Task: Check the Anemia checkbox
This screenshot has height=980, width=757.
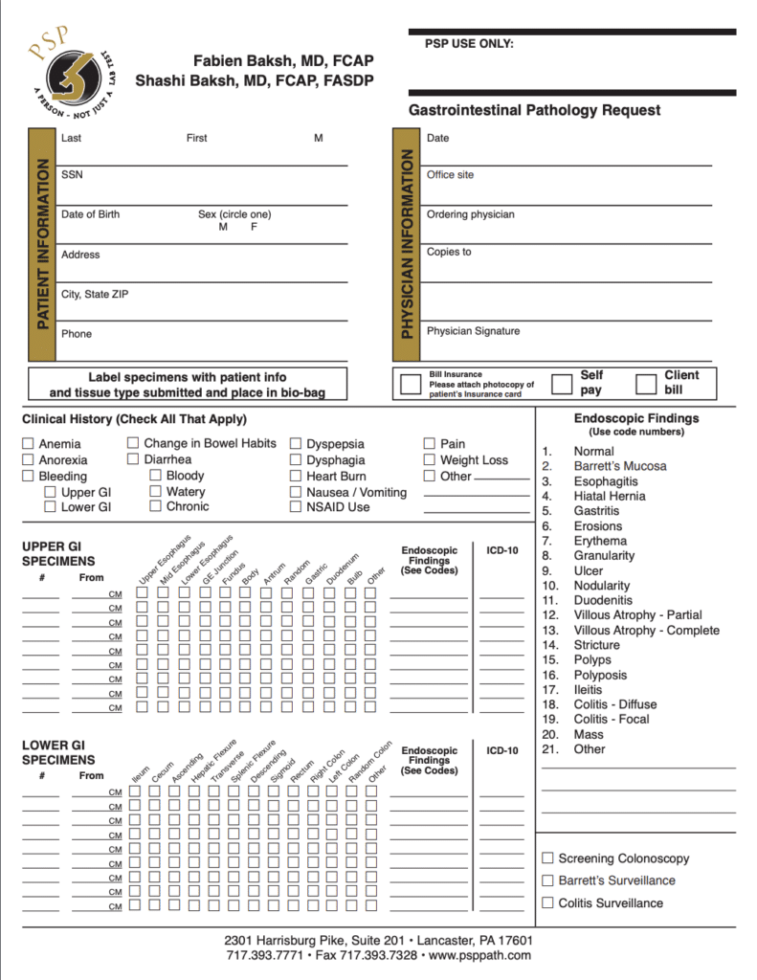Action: tap(28, 444)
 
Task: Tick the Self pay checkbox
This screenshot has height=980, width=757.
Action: tap(563, 384)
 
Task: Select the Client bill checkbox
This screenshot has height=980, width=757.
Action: tap(647, 384)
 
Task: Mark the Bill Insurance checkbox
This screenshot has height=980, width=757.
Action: tap(411, 384)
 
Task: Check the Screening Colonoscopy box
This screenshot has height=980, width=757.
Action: tap(547, 858)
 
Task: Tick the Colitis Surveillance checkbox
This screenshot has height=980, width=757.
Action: tap(547, 902)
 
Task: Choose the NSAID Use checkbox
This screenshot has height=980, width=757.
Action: tap(296, 507)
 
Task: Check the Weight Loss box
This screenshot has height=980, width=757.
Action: tap(430, 460)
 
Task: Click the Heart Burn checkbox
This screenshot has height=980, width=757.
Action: tap(296, 476)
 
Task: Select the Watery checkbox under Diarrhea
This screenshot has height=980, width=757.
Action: tap(155, 492)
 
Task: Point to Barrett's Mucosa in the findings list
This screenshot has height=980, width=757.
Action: tap(620, 466)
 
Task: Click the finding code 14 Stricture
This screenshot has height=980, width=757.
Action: tap(596, 645)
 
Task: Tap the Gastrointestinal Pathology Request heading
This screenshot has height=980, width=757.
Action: tap(534, 110)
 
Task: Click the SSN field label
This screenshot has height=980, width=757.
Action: tap(72, 175)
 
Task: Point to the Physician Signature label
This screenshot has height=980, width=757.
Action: tap(473, 331)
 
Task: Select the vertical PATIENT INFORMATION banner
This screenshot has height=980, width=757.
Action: tap(42, 244)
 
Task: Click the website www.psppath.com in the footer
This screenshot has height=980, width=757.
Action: tap(479, 955)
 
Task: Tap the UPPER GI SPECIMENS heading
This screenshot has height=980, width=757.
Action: tap(58, 553)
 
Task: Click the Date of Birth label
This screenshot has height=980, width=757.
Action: tap(90, 214)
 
